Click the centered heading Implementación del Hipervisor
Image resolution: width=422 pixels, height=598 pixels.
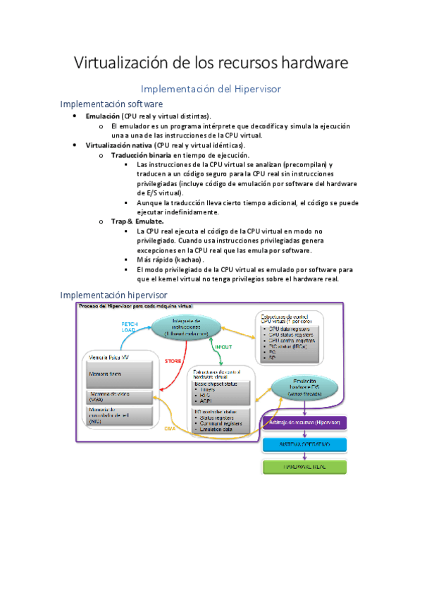click(211, 89)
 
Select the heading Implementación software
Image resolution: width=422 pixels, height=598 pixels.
click(111, 104)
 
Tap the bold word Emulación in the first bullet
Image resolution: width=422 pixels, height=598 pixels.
click(102, 116)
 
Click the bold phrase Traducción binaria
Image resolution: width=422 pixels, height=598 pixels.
click(141, 154)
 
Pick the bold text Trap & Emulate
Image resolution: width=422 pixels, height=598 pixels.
click(137, 221)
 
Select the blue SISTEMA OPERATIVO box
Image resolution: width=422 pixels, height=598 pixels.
click(306, 445)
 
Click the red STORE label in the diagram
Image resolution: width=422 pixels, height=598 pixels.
click(173, 361)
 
